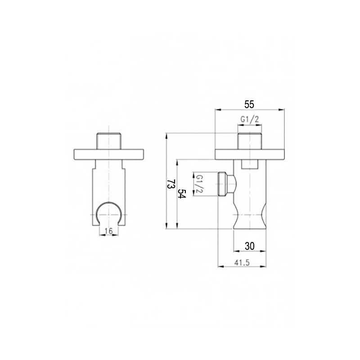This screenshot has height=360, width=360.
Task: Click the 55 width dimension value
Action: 249,104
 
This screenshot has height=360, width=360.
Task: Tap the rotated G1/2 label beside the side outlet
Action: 198,184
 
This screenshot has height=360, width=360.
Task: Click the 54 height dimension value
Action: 181,194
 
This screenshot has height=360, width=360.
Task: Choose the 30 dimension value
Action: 250,246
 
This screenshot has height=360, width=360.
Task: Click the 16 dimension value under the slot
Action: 108,231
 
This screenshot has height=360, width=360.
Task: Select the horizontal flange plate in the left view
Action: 109,154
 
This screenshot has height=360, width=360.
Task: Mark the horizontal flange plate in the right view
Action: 250,154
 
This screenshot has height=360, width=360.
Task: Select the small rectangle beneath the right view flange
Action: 249,164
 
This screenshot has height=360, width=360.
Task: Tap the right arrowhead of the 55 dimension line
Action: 283,109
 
